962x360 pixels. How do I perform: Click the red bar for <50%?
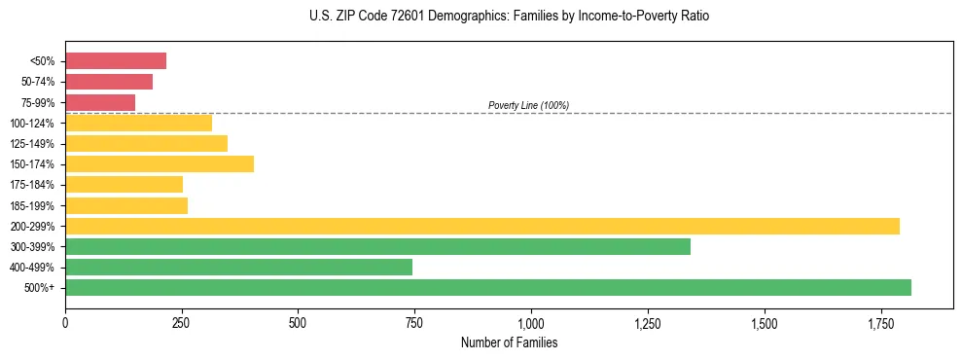pyautogui.click(x=116, y=61)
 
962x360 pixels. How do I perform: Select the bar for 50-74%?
pyautogui.click(x=109, y=82)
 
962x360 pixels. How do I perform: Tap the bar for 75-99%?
pyautogui.click(x=100, y=102)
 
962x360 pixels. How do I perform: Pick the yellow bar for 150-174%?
pyautogui.click(x=160, y=163)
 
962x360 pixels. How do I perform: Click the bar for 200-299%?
pyautogui.click(x=482, y=226)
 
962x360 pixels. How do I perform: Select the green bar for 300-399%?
pyautogui.click(x=377, y=246)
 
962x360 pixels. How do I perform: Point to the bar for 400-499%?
pyautogui.click(x=238, y=267)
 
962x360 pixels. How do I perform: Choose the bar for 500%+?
pyautogui.click(x=488, y=287)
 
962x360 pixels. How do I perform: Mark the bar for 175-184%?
pyautogui.click(x=124, y=184)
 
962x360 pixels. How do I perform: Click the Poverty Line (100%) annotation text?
pyautogui.click(x=528, y=105)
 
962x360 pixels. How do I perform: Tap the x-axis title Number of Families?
pyautogui.click(x=510, y=342)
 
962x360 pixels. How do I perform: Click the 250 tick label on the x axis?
pyautogui.click(x=182, y=322)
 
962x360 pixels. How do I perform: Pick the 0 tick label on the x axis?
pyautogui.click(x=65, y=322)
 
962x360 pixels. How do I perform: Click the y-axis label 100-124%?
pyautogui.click(x=32, y=124)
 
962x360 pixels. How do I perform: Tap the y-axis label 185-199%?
pyautogui.click(x=32, y=205)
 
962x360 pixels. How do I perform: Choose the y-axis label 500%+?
pyautogui.click(x=40, y=288)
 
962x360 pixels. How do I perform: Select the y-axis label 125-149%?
pyautogui.click(x=32, y=144)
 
